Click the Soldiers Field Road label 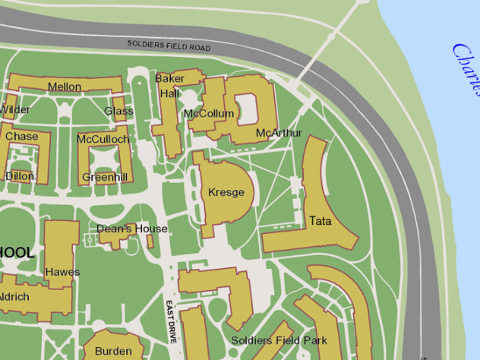tap(169, 46)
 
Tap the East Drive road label tap(171, 323)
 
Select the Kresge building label tap(226, 192)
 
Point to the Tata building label tap(320, 221)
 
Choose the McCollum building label tap(209, 114)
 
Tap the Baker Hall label tap(169, 86)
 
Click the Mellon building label tap(65, 87)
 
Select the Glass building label tap(118, 111)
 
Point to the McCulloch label tap(103, 139)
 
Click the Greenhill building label tap(105, 177)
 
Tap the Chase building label tap(21, 136)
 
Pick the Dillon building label tap(20, 175)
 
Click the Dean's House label tap(132, 228)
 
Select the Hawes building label tap(62, 271)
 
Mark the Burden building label tap(113, 351)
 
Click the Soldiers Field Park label tap(279, 340)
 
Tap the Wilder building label tap(14, 109)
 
